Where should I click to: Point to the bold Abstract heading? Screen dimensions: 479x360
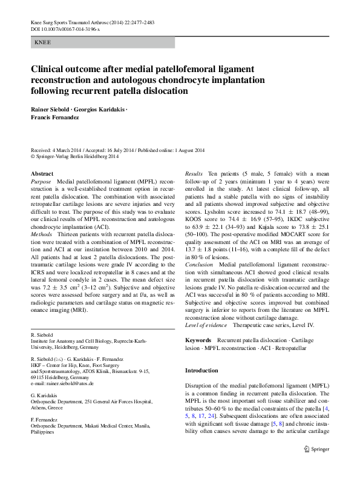(42, 174)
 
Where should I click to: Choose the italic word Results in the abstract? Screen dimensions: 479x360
(194, 174)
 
